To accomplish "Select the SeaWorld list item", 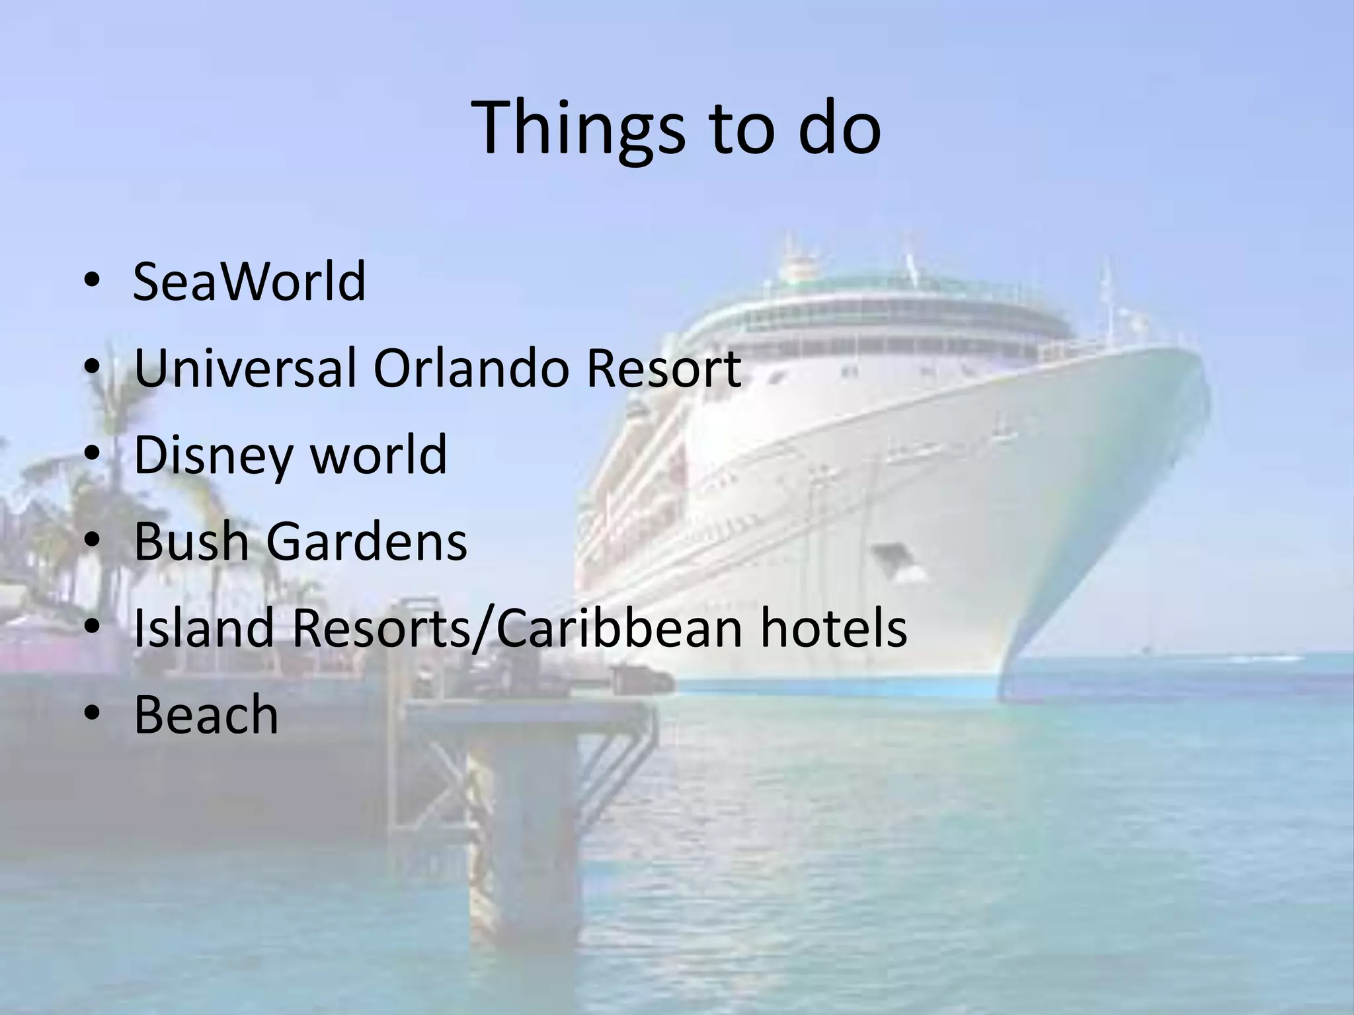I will pyautogui.click(x=249, y=282).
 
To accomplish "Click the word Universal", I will pyautogui.click(x=245, y=368).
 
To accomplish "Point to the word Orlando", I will pyautogui.click(x=471, y=368).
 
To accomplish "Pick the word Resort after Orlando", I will pyautogui.click(x=663, y=368).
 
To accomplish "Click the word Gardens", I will pyautogui.click(x=367, y=542).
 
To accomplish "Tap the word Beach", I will pyautogui.click(x=206, y=715).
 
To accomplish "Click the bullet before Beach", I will pyautogui.click(x=92, y=716).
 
